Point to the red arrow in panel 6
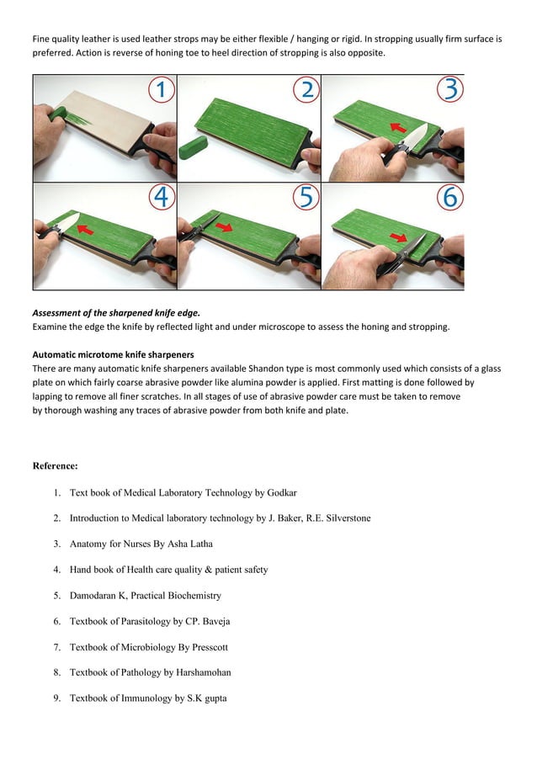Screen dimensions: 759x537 397,238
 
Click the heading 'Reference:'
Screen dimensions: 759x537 55,465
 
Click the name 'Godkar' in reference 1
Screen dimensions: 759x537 279,492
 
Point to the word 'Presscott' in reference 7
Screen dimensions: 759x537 207,647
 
